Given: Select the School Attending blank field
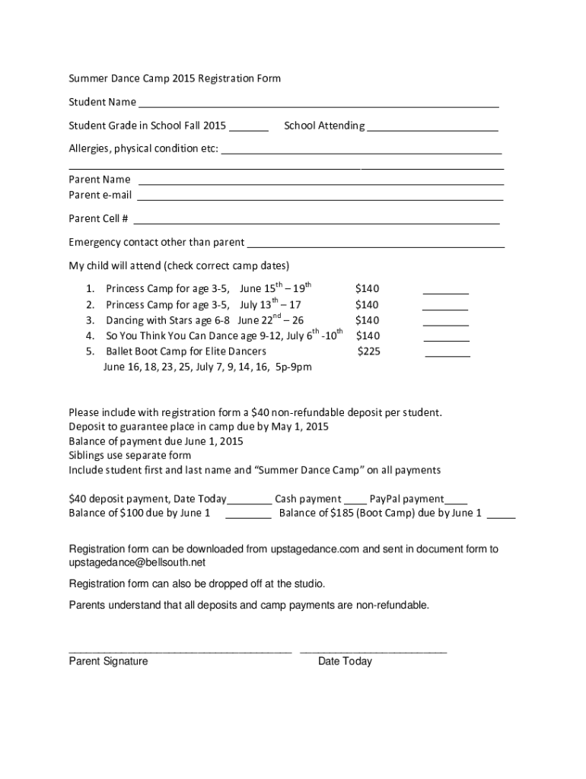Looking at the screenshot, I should tap(432, 129).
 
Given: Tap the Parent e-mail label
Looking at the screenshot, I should tap(100, 196).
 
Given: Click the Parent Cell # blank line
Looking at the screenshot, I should tap(316, 222).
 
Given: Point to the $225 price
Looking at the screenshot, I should tap(369, 351).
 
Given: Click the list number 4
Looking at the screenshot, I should tap(90, 335).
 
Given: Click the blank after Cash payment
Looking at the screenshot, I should tap(355, 502).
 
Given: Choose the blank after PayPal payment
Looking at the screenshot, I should tap(456, 502).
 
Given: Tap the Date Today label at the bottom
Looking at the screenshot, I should tap(345, 662).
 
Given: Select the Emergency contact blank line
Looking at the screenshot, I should tap(376, 246).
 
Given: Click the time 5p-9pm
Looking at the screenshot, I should tap(293, 367).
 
